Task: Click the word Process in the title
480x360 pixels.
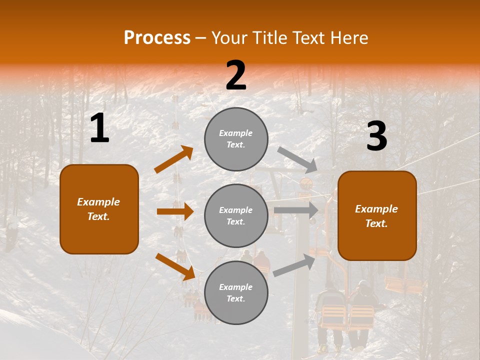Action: pos(157,38)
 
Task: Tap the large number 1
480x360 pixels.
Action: pos(99,129)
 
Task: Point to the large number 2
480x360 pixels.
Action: pos(236,76)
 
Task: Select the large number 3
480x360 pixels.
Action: pos(376,136)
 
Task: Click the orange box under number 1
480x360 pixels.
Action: pos(99,209)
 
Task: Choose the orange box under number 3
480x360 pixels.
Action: pos(377,215)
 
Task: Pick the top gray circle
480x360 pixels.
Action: pos(236,139)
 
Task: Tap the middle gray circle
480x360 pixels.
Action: pos(236,215)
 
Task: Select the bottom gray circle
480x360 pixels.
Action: pos(236,292)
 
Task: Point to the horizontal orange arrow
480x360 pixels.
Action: pos(175,211)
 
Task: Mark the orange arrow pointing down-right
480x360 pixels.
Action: pos(175,266)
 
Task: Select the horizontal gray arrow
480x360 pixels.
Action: pos(296,210)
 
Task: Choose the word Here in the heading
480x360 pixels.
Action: pos(349,38)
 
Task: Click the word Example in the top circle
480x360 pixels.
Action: pos(236,133)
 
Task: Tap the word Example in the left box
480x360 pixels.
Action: pos(98,202)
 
